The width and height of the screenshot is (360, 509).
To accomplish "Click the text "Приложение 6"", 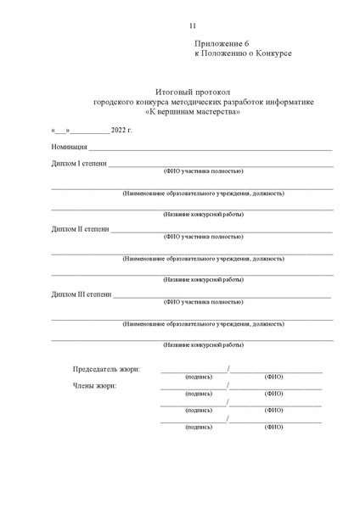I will click(x=223, y=42).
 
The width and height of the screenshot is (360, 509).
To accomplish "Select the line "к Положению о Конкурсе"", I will click(x=244, y=53).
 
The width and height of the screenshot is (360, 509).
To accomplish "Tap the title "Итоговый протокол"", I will click(x=193, y=91).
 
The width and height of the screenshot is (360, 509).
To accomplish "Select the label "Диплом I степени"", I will click(x=79, y=163).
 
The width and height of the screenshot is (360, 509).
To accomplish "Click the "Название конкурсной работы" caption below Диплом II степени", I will click(x=203, y=280).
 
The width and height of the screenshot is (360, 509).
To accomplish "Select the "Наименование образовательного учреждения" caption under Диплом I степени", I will click(x=203, y=193).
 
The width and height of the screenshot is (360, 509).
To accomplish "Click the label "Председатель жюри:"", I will click(x=107, y=369).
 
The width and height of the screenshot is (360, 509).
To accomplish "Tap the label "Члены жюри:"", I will click(x=95, y=386).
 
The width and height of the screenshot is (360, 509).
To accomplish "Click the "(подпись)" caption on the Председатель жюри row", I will click(x=199, y=377).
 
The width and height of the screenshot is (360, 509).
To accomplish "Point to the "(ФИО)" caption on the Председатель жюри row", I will click(x=273, y=377).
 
